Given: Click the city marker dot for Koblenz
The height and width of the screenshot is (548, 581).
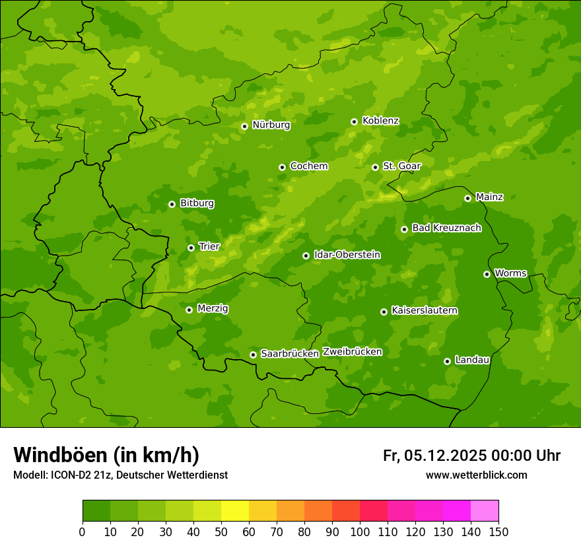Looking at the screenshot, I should [354, 121].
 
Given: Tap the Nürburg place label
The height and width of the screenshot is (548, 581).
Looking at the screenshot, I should [271, 125].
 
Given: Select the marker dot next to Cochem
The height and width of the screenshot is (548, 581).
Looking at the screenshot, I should [282, 167].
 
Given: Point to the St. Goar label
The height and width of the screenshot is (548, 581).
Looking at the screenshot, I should [401, 166].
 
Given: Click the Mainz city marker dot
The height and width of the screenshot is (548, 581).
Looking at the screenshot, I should [467, 198].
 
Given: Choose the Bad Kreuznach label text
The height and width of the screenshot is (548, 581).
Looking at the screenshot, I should [446, 228].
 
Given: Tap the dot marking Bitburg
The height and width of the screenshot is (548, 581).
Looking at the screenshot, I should [172, 204].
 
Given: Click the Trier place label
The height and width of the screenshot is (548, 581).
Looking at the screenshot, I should [209, 246].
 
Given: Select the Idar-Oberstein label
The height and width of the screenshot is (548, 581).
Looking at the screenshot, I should [347, 254].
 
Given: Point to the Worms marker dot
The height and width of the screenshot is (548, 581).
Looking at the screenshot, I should [487, 274].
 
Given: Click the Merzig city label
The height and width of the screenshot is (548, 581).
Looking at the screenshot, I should [213, 308].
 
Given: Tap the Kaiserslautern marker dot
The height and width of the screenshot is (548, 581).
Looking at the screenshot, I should [384, 312].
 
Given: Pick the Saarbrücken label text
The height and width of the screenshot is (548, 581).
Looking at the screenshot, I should [289, 353].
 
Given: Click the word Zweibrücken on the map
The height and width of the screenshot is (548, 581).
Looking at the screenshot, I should [352, 352].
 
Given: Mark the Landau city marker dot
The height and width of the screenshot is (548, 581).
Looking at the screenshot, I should [447, 361].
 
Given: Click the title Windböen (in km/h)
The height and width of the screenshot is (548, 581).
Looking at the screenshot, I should [106, 455].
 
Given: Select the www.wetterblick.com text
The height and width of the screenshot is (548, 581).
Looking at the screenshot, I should [476, 475].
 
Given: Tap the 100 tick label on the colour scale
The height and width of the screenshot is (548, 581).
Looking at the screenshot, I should [359, 531].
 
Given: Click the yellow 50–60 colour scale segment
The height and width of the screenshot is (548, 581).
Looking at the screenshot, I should [235, 511].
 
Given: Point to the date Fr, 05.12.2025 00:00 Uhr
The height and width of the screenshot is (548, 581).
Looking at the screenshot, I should [471, 456].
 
